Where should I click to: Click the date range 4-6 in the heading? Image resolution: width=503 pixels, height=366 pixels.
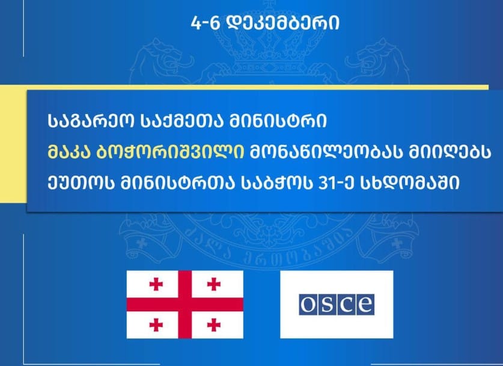[206, 23]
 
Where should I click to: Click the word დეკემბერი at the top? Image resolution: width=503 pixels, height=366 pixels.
[283, 23]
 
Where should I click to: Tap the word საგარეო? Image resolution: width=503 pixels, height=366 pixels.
[91, 121]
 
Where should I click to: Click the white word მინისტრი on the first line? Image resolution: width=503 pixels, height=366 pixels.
[278, 121]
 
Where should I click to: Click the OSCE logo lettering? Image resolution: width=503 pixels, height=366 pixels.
[337, 304]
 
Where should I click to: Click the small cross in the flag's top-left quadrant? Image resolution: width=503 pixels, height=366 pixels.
[156, 284]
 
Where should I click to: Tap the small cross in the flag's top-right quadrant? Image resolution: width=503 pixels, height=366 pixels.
[214, 284]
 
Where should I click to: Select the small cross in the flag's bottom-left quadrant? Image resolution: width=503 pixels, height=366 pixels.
[156, 325]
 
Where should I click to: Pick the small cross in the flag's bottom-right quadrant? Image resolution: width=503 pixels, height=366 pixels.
[214, 325]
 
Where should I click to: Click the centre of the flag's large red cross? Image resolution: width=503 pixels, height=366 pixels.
[184, 305]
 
